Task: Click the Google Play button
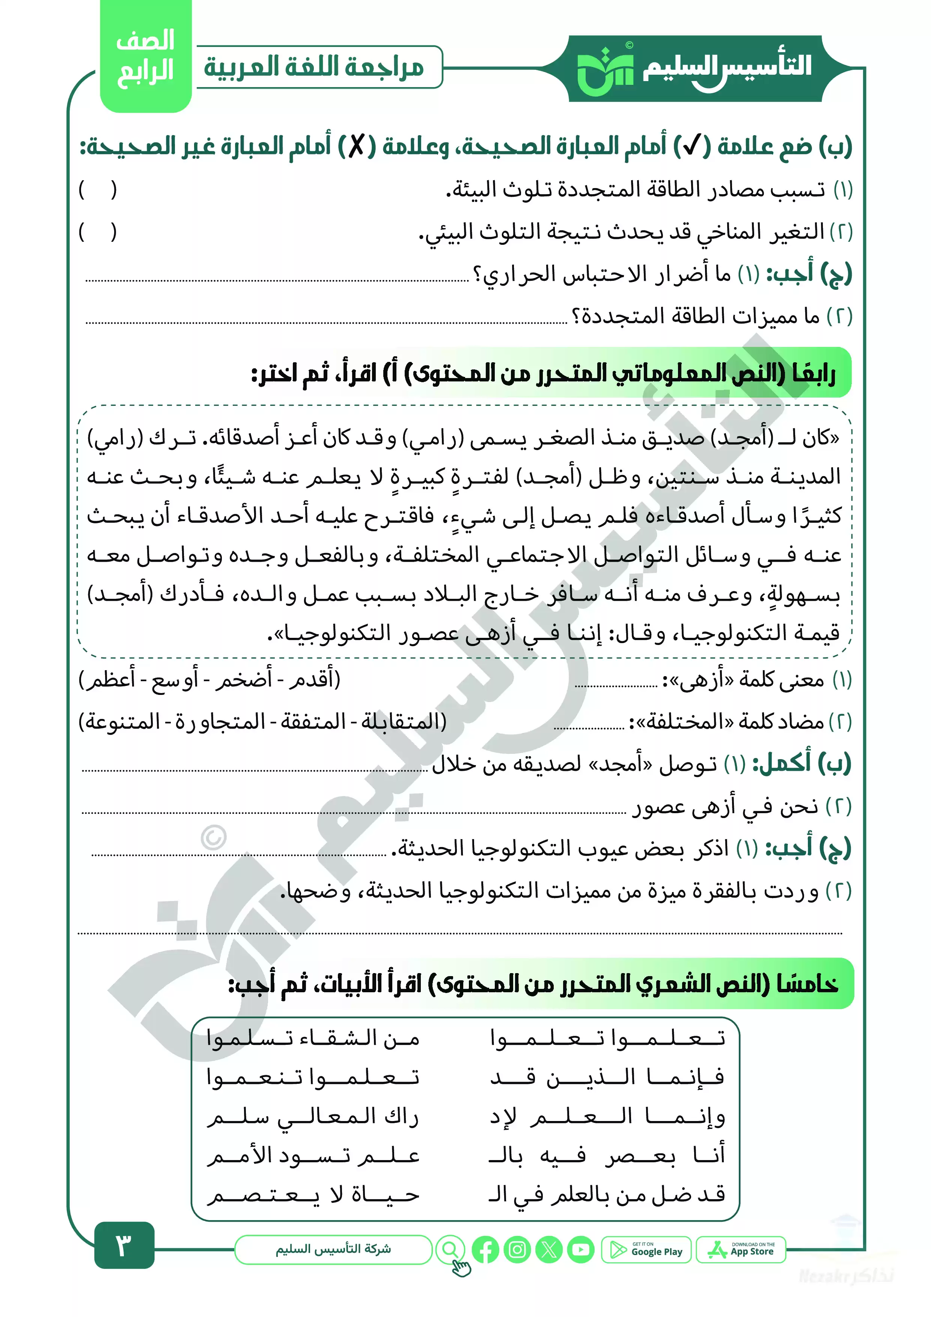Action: [x=646, y=1250]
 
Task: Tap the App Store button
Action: [x=741, y=1250]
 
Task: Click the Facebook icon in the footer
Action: [x=485, y=1250]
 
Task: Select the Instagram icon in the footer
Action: [x=517, y=1250]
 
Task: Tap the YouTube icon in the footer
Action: [x=581, y=1250]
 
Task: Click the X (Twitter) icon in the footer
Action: [x=549, y=1250]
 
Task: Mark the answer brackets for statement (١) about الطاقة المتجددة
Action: [x=98, y=190]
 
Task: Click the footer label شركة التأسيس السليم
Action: [x=333, y=1249]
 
